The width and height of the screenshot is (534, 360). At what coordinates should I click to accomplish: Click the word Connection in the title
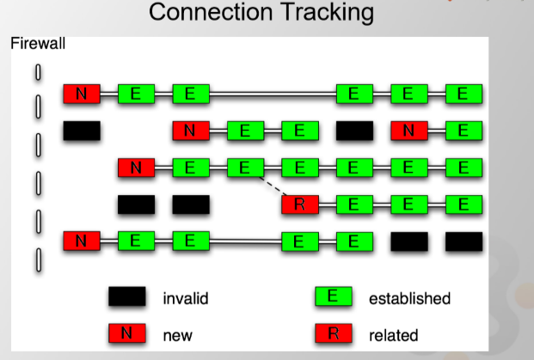[199, 13]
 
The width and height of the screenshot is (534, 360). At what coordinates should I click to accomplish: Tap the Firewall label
[38, 43]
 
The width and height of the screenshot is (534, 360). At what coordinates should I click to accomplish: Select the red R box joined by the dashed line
[300, 204]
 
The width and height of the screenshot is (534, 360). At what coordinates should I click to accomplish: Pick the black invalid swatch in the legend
[126, 298]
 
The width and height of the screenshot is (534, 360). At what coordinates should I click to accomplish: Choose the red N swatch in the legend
[126, 333]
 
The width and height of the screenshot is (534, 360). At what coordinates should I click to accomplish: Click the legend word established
[409, 299]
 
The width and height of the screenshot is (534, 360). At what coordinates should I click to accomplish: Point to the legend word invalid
[186, 299]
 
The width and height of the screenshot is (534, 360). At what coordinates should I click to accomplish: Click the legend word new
[177, 334]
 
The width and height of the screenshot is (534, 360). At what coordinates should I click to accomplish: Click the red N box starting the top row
[82, 94]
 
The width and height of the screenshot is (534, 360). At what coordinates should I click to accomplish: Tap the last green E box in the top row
[463, 94]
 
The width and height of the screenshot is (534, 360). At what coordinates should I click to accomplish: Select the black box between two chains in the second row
[354, 131]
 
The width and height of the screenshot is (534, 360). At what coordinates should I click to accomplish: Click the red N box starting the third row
[136, 168]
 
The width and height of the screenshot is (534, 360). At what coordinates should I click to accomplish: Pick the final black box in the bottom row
[463, 241]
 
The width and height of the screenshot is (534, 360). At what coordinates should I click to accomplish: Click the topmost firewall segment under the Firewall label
[38, 72]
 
